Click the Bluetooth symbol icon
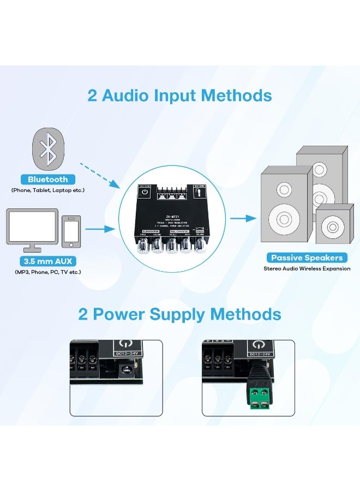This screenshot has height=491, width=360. click(48, 147)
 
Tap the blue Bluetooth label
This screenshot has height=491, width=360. click(48, 179)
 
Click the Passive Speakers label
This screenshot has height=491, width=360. click(307, 258)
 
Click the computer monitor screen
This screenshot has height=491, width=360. click(33, 226)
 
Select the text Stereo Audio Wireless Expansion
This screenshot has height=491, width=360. click(307, 268)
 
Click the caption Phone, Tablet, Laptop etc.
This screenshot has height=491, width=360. click(48, 190)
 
